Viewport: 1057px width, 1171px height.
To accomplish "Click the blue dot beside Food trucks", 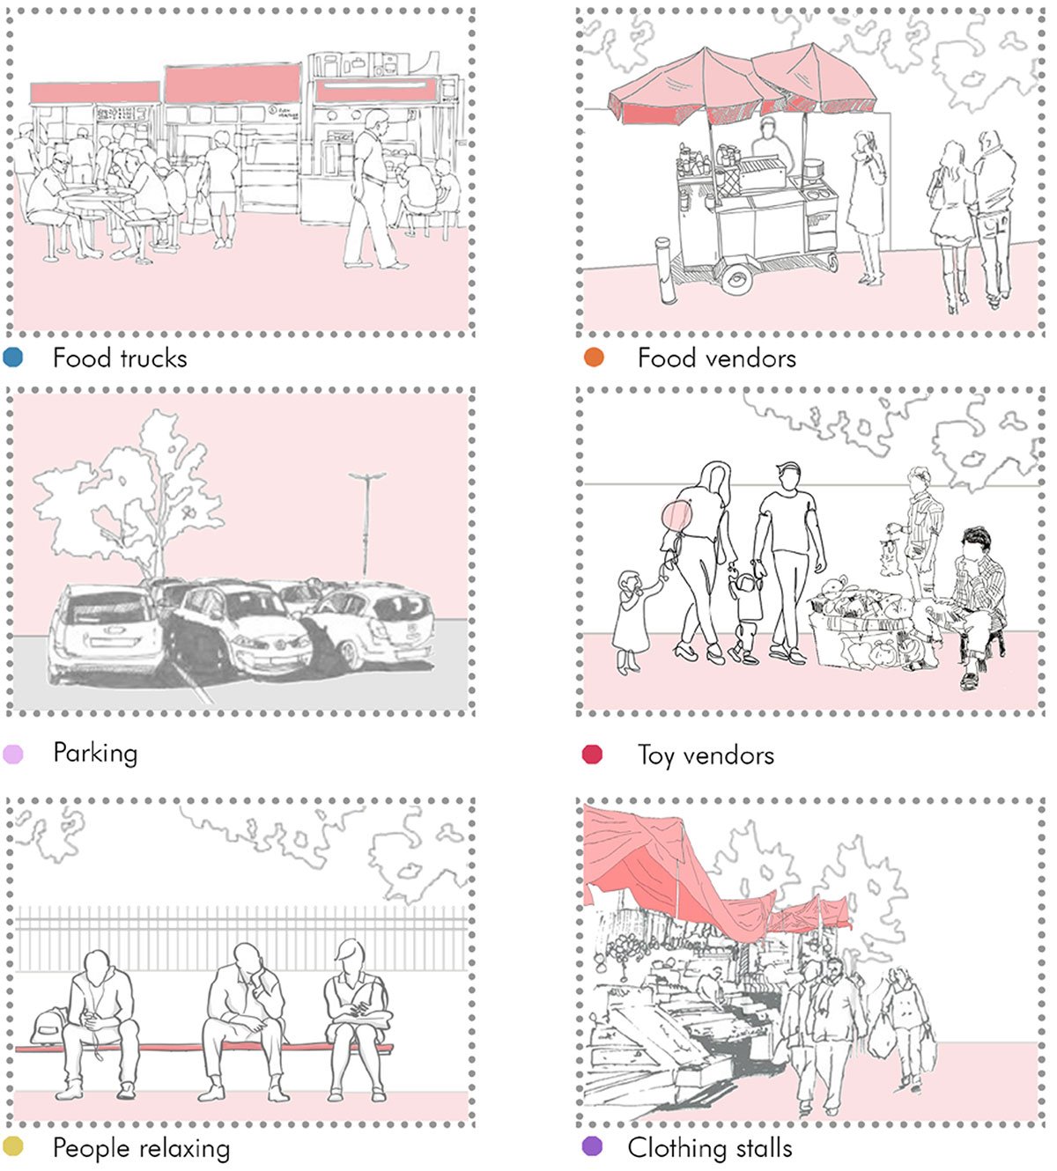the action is [x=12, y=357].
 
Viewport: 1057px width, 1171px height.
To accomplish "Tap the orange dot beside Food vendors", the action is [x=594, y=357].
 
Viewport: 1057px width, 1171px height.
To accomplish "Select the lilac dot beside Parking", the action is [x=12, y=754].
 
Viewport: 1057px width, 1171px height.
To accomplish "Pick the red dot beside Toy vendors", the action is [x=592, y=755].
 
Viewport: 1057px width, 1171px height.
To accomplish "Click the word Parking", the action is [x=95, y=754].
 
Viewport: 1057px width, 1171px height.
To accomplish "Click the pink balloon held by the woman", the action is [x=677, y=516].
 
